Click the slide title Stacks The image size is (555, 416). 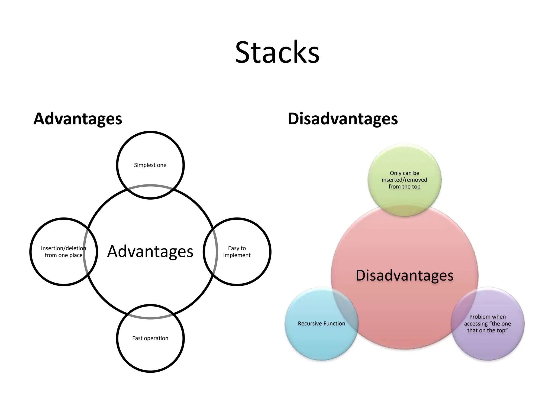click(277, 52)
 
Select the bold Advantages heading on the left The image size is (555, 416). click(78, 119)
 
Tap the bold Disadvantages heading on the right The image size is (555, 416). click(343, 119)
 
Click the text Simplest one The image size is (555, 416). click(150, 165)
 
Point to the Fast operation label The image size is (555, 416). click(150, 338)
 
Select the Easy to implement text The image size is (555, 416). click(237, 252)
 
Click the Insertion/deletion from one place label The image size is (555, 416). click(63, 252)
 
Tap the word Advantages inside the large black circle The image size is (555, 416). click(150, 252)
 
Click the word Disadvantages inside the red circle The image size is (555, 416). click(404, 276)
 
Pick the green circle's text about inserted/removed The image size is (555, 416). click(404, 180)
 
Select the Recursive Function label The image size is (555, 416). click(321, 324)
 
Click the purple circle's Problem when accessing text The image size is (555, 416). click(487, 324)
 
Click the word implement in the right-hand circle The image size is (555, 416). click(237, 255)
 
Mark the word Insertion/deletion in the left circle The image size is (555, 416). click(63, 248)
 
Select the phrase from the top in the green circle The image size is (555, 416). click(404, 187)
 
